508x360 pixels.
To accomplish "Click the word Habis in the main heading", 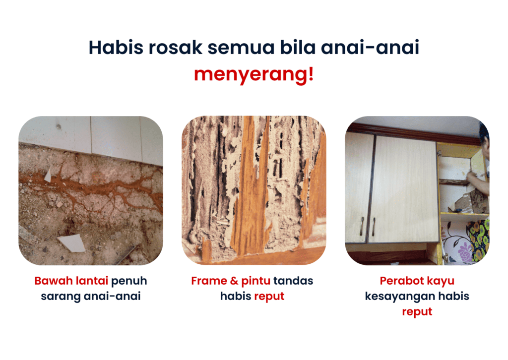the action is click(116, 47).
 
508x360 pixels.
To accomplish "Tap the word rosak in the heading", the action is click(175, 47).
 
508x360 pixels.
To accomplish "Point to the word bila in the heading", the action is click(298, 47).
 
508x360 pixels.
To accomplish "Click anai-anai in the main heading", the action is click(370, 47).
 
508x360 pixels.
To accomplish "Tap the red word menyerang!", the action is click(254, 75).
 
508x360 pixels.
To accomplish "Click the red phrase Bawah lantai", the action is click(71, 281).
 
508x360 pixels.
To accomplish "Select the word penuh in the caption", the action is click(129, 281).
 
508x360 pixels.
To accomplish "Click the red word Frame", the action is click(209, 281).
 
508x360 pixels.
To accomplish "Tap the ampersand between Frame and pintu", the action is click(234, 281).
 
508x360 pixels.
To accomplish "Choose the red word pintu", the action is click(256, 281).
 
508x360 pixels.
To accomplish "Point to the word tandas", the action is click(293, 281).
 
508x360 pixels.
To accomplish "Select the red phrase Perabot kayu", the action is click(417, 281).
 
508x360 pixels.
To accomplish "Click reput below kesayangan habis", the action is click(417, 312).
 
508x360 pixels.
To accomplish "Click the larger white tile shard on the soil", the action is click(72, 243).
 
